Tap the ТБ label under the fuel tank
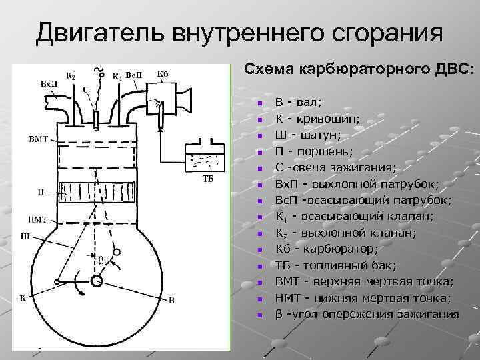tap(207, 179)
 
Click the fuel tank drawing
tap(206, 156)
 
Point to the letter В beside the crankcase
tap(171, 300)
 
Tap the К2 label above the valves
tap(70, 74)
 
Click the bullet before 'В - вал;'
tap(261, 103)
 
